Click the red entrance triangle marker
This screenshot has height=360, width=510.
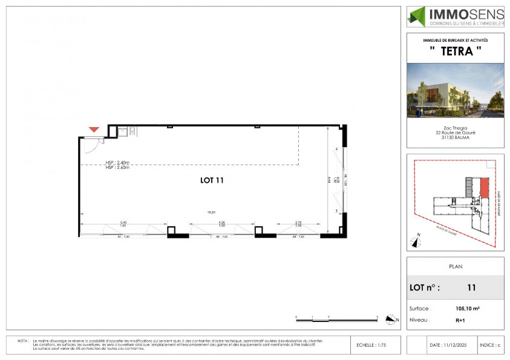(93, 129)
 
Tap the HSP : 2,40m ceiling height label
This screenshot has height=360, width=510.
(117, 162)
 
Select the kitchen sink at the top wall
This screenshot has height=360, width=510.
(122, 129)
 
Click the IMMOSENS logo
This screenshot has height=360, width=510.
(455, 16)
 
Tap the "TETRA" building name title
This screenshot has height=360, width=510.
(455, 52)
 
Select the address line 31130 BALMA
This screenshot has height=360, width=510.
(455, 137)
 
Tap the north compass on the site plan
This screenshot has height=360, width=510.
(415, 241)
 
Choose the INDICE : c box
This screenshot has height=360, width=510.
(491, 345)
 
